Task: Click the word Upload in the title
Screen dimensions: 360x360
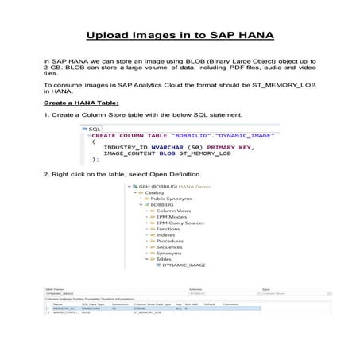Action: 111,36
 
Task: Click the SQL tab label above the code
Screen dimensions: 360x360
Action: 95,128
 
